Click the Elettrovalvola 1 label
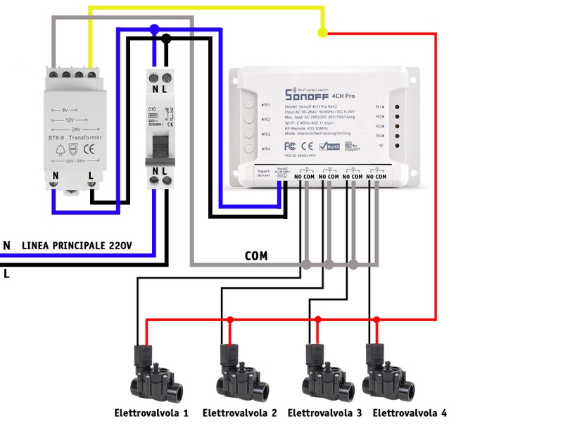coord(151,413)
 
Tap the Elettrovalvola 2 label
coord(239,413)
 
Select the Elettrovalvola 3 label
coord(324,413)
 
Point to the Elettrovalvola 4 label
coord(410,413)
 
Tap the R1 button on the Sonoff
coord(249,105)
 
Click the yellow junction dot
coord(322,32)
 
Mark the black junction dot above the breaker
coord(166,39)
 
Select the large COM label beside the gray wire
coord(256,256)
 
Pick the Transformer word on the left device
coord(86,138)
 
